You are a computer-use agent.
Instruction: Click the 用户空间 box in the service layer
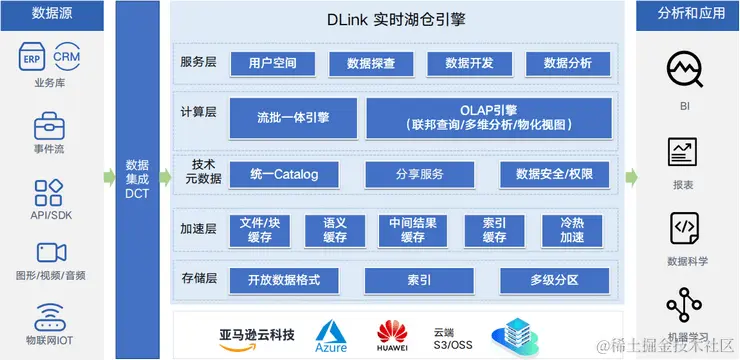(272, 64)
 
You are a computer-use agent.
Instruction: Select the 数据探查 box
(370, 64)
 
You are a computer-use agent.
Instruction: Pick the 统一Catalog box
(284, 174)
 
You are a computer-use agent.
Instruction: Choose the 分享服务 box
(419, 174)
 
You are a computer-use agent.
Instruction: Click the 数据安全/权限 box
(554, 174)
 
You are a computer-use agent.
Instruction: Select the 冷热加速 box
(572, 230)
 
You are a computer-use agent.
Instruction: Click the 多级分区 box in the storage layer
(554, 279)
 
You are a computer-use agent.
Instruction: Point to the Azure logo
(331, 334)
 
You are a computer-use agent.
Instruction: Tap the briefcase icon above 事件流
(50, 127)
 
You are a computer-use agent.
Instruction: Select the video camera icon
(50, 252)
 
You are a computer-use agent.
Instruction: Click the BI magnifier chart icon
(685, 69)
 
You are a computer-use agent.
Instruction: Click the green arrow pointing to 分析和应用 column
(633, 178)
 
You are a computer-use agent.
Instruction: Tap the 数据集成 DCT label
(137, 178)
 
